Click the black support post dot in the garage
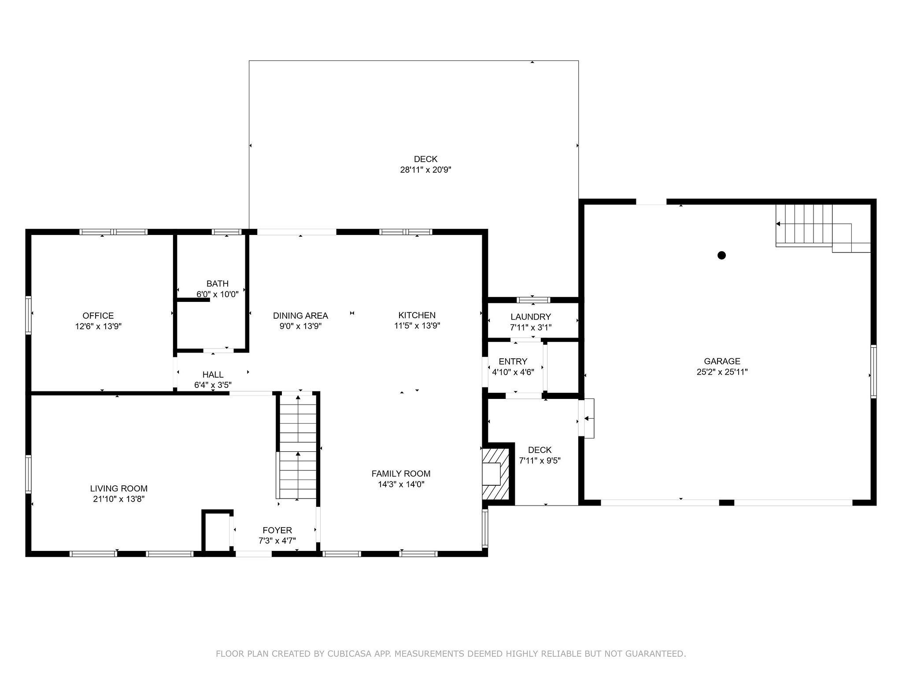(721, 255)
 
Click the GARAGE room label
(722, 361)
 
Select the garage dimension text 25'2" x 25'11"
(722, 372)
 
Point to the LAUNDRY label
(531, 317)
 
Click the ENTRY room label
(513, 361)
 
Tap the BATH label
(218, 284)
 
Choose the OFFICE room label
(98, 316)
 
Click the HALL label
(213, 375)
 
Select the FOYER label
(277, 530)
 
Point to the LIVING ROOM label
(119, 488)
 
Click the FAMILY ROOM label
(401, 474)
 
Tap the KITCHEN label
(417, 315)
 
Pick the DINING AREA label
(300, 316)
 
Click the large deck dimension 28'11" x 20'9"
(425, 170)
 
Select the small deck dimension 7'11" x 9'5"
(540, 461)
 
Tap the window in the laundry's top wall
(533, 300)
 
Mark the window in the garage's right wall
(873, 372)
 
